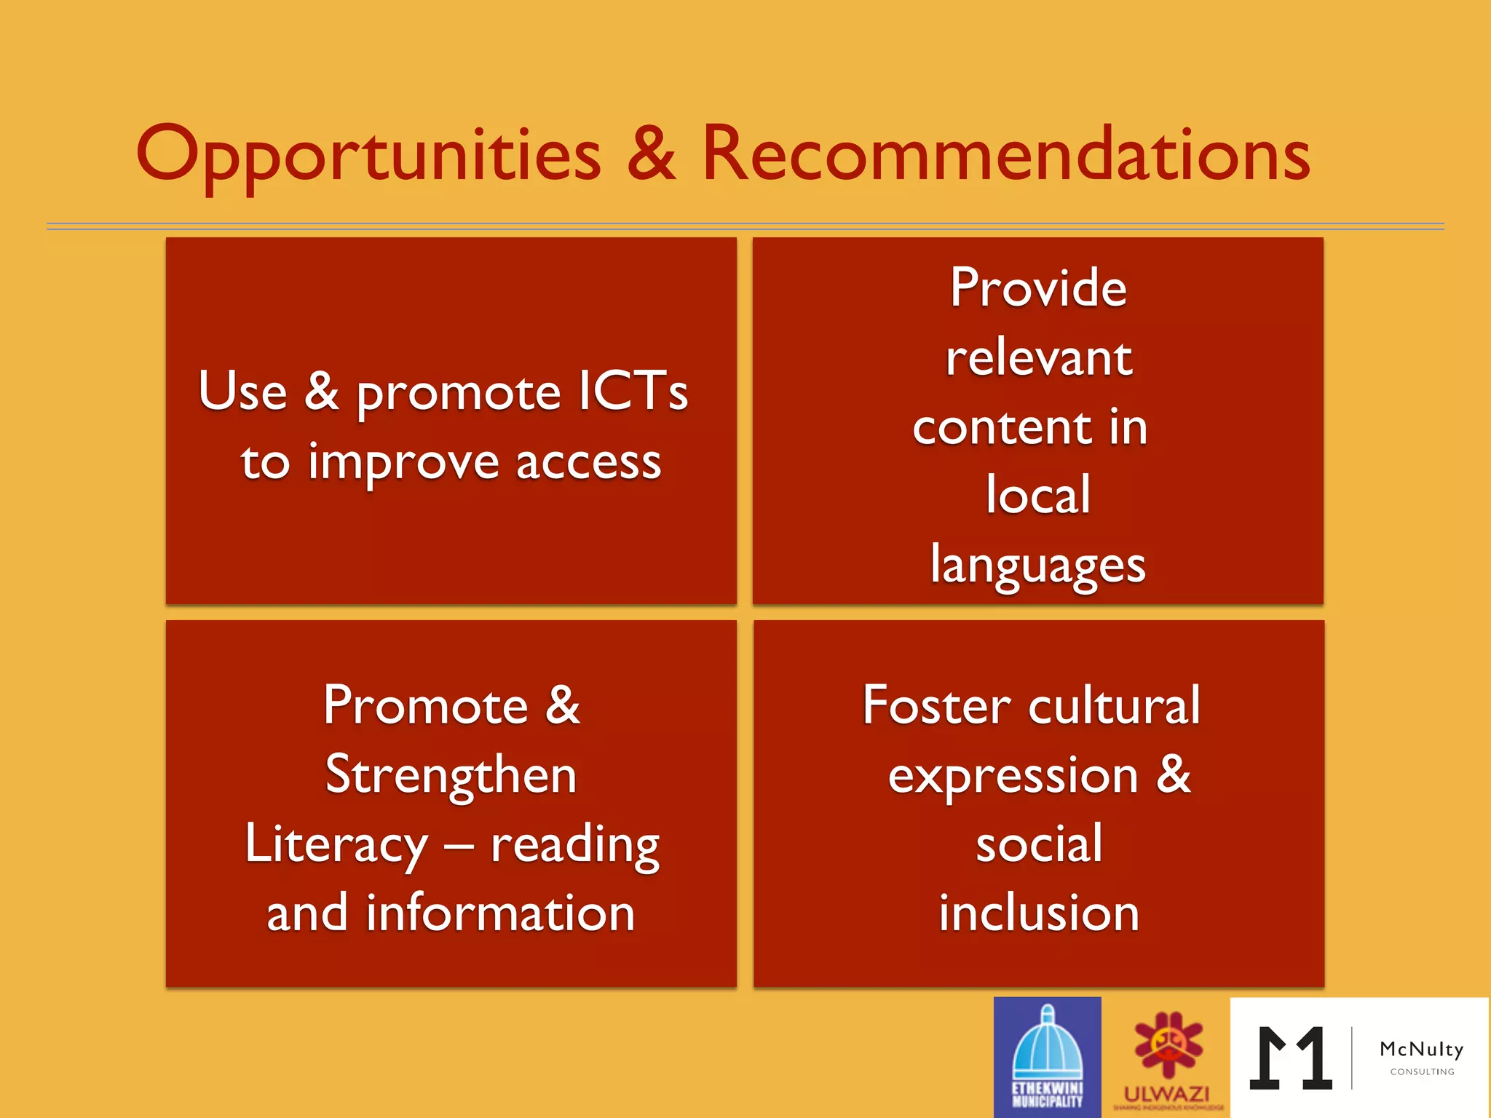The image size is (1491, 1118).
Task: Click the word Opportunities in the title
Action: click(368, 154)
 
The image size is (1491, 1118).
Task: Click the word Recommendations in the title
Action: click(1005, 154)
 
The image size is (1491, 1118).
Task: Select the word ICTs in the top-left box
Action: click(633, 391)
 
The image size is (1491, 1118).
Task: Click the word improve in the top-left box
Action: click(403, 464)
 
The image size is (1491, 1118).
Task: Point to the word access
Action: click(588, 462)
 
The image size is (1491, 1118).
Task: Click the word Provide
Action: click(1038, 288)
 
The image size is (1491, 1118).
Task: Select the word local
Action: click(1038, 495)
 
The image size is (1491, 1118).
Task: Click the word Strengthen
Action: click(451, 775)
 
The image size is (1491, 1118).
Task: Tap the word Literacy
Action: click(336, 844)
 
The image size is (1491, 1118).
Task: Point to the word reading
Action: click(575, 846)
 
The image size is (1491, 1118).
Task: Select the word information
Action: click(500, 913)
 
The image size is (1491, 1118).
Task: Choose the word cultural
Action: click(1114, 705)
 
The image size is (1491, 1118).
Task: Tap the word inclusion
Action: click(1038, 913)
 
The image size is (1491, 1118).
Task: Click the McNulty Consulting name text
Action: click(1421, 1050)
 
